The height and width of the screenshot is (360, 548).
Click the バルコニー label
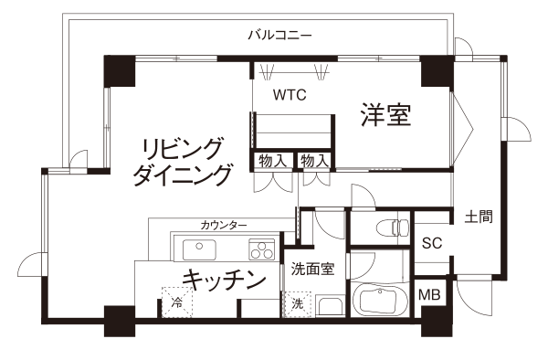pyautogui.click(x=279, y=36)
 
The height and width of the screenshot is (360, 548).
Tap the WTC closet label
pyautogui.click(x=290, y=95)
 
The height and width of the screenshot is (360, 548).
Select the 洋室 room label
pyautogui.click(x=385, y=114)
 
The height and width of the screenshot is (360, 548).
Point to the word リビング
pyautogui.click(x=183, y=149)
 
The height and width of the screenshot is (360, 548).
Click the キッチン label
pyautogui.click(x=224, y=280)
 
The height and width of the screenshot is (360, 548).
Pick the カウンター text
pyautogui.click(x=224, y=225)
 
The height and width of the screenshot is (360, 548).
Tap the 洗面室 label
pyautogui.click(x=313, y=269)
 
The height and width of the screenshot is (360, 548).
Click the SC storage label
pyautogui.click(x=432, y=243)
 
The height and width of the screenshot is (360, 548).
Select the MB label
pyautogui.click(x=429, y=295)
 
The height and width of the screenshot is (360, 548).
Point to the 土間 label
pyautogui.click(x=479, y=217)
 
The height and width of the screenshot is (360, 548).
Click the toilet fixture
pyautogui.click(x=393, y=228)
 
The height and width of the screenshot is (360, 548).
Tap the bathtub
pyautogui.click(x=379, y=300)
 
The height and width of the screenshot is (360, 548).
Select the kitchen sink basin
pyautogui.click(x=199, y=249)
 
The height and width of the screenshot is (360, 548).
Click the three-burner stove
pyautogui.click(x=261, y=249)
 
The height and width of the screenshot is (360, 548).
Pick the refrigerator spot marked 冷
pyautogui.click(x=177, y=302)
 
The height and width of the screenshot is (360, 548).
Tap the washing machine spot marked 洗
pyautogui.click(x=297, y=304)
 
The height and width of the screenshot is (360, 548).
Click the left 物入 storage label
pyautogui.click(x=272, y=161)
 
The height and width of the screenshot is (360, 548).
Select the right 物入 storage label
pyautogui.click(x=315, y=161)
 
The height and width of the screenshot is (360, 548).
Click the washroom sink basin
pyautogui.click(x=331, y=306)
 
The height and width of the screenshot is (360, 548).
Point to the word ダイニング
pyautogui.click(x=183, y=175)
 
